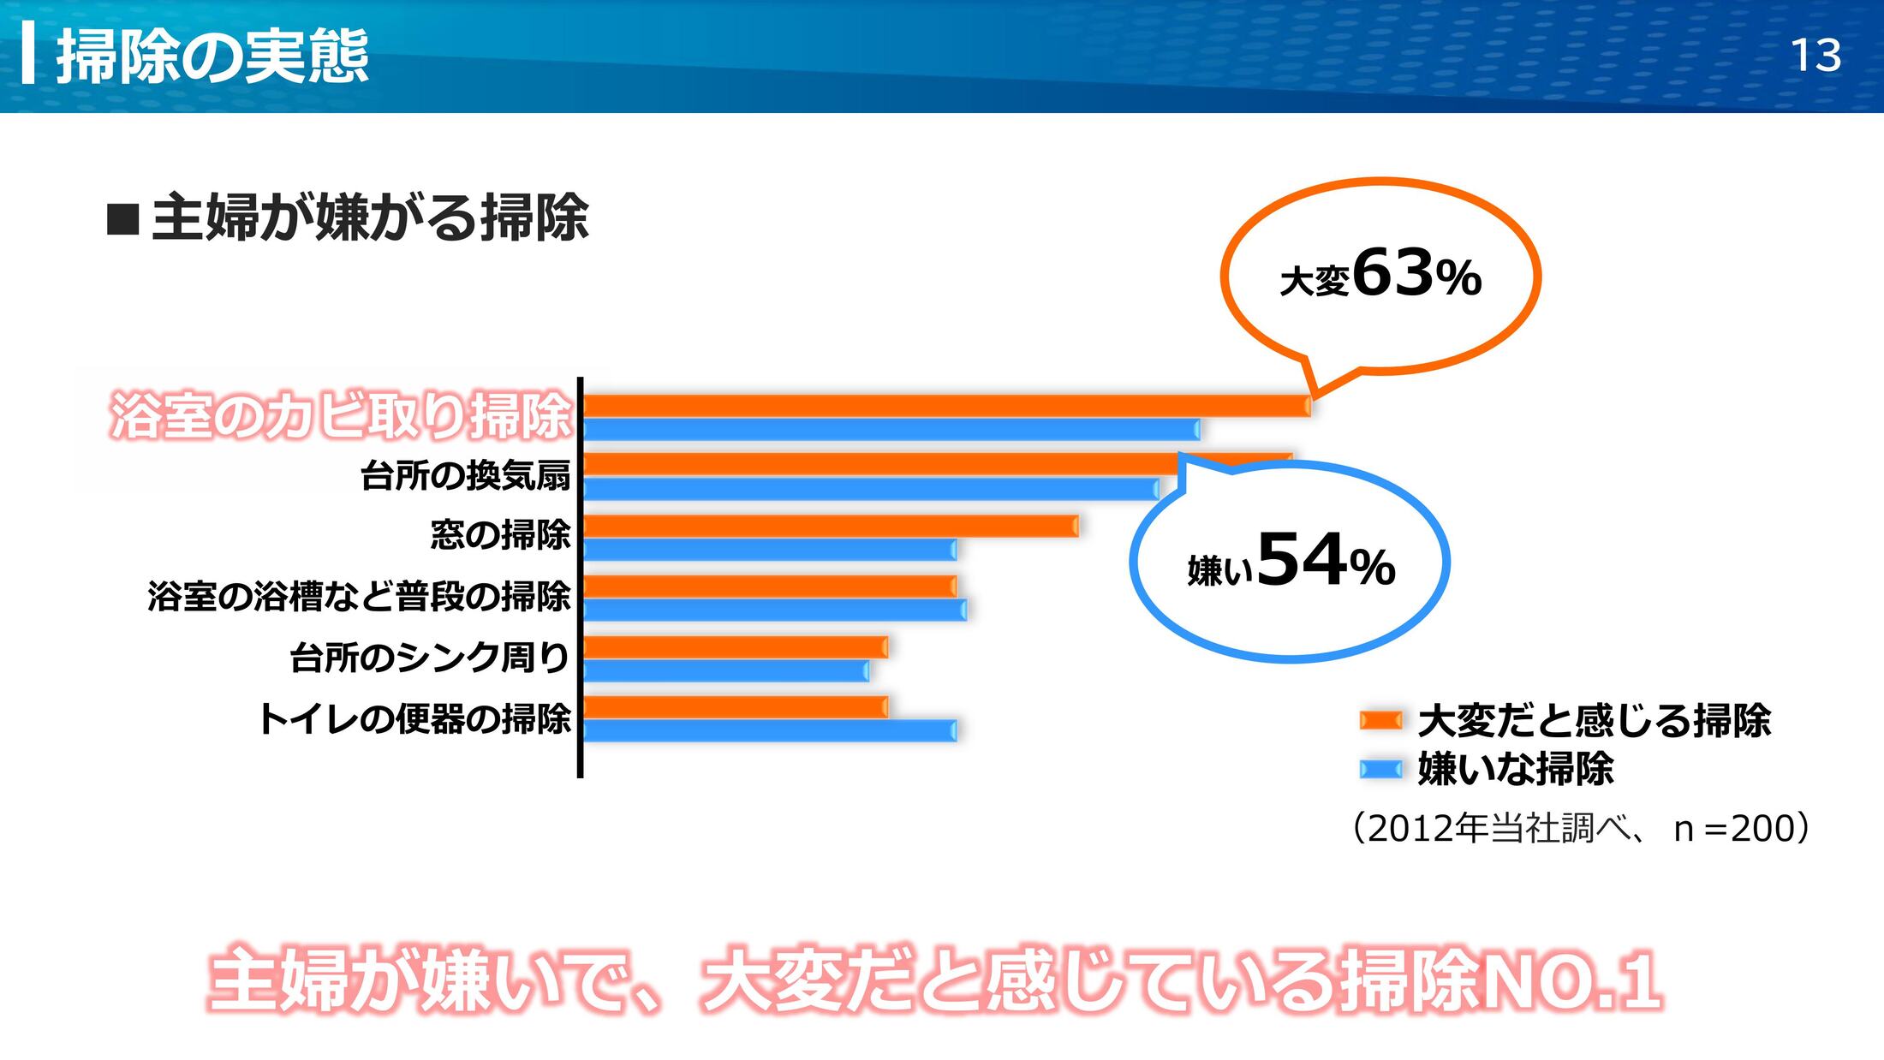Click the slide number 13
click(1815, 56)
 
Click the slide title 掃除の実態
click(212, 56)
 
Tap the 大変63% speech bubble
click(1380, 276)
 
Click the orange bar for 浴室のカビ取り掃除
click(942, 406)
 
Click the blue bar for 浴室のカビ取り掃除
click(891, 430)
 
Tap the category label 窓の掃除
click(500, 535)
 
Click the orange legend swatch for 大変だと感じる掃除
click(1380, 720)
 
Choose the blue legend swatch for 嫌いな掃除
click(1380, 769)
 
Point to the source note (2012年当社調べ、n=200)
click(1581, 828)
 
